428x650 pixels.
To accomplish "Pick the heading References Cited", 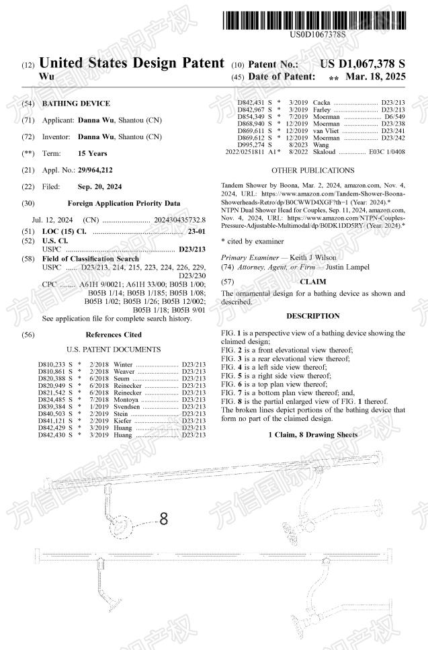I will coord(114,334).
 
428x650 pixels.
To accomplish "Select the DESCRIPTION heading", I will coord(312,315).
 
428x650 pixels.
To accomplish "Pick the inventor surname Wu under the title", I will coord(46,78).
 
